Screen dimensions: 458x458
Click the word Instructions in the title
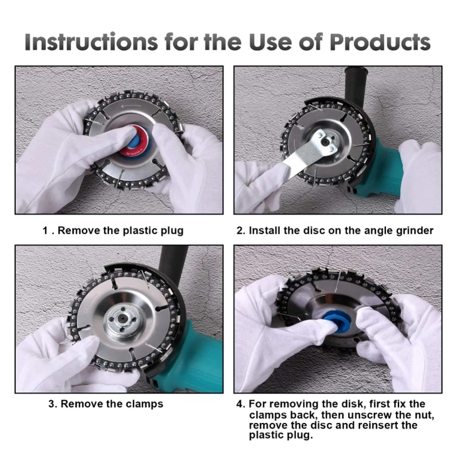tap(91, 42)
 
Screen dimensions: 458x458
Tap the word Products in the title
tap(380, 42)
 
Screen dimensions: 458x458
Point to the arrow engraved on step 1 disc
tap(132, 106)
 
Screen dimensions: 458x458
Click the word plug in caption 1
tap(172, 231)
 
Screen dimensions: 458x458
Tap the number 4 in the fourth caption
tap(240, 404)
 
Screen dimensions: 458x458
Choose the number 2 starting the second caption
tap(240, 231)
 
